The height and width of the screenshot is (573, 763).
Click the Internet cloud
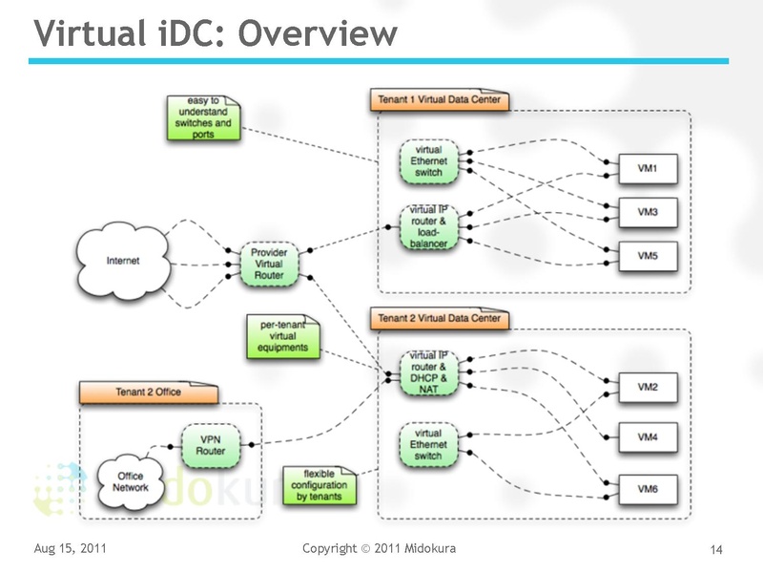(x=122, y=260)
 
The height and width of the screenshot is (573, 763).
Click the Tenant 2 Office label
(x=149, y=392)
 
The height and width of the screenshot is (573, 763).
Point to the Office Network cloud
(x=131, y=480)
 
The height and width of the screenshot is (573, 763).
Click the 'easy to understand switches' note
(x=203, y=117)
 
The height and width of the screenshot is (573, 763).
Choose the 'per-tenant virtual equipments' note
(x=283, y=336)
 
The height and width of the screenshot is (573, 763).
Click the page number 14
(x=716, y=549)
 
